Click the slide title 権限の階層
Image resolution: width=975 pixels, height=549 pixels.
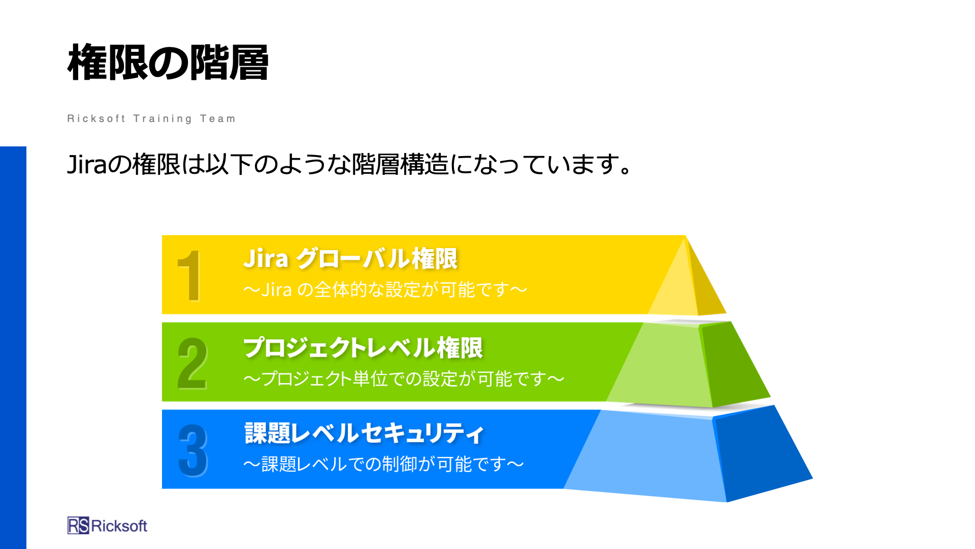(x=168, y=63)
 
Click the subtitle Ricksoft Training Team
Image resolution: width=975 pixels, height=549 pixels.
(x=151, y=118)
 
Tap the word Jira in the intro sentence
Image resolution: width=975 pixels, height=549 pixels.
(x=87, y=165)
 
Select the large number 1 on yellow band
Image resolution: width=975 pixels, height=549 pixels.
(x=189, y=276)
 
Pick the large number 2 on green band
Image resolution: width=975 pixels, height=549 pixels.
(x=192, y=363)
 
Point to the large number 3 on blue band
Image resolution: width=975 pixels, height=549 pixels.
(x=193, y=451)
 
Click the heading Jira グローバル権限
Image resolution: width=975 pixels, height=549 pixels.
(x=350, y=258)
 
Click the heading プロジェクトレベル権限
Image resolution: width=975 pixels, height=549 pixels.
(x=363, y=348)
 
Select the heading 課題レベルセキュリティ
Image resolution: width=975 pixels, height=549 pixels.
(x=364, y=433)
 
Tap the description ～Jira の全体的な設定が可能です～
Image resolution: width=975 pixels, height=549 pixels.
(x=385, y=290)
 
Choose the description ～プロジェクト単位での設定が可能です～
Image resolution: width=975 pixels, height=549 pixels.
(x=404, y=379)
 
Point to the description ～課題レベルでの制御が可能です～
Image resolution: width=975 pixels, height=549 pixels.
(x=383, y=464)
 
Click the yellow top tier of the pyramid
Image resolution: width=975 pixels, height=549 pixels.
(x=688, y=285)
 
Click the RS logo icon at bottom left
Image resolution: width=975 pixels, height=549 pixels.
(x=78, y=526)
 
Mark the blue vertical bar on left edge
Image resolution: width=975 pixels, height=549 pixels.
(x=13, y=348)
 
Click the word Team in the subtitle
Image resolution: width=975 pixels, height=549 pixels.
(x=218, y=118)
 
